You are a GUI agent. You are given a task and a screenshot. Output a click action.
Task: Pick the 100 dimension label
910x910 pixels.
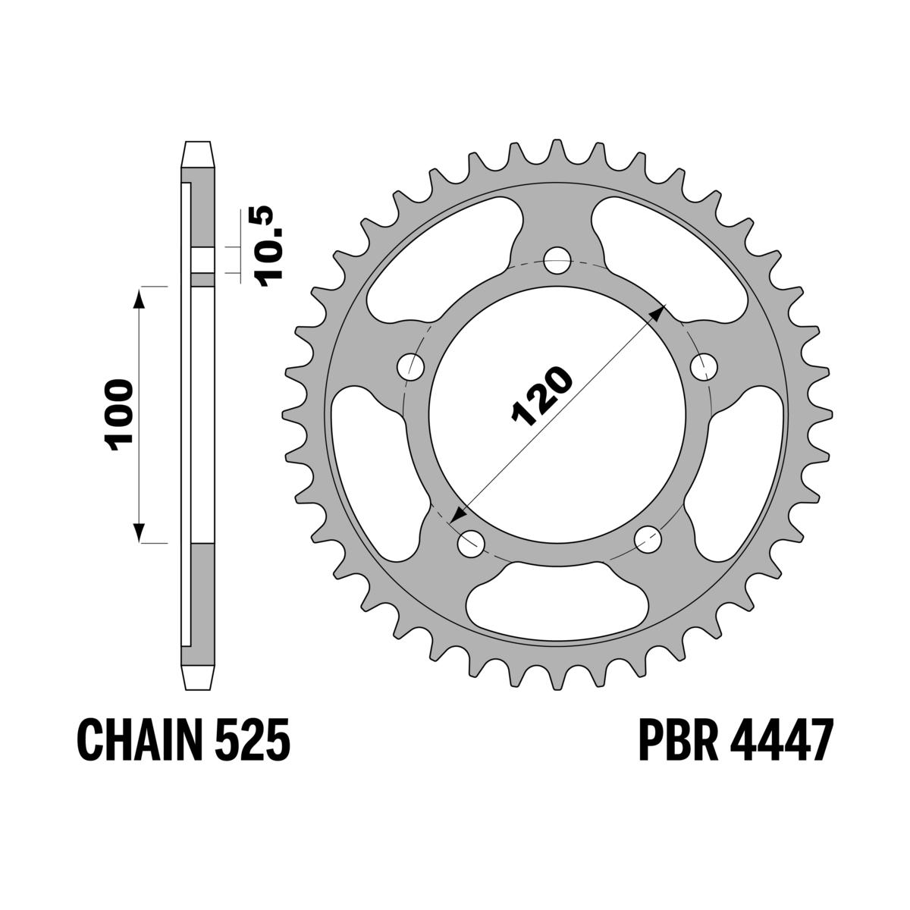click(118, 415)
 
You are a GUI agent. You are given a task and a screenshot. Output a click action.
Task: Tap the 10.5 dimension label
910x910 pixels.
click(268, 246)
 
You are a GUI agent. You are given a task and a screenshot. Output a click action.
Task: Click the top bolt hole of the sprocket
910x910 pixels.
click(557, 260)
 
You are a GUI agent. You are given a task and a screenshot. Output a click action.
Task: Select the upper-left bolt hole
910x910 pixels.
click(411, 366)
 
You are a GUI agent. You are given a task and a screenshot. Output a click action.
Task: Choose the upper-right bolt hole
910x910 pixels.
click(704, 366)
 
